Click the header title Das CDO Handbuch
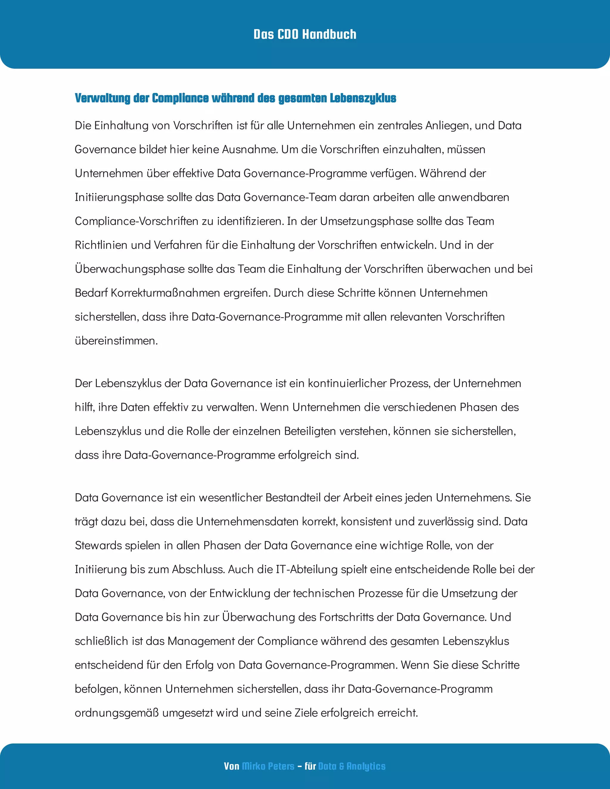[x=305, y=34]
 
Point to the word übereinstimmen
[x=116, y=341]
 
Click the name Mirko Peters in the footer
[x=268, y=766]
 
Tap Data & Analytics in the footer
[x=352, y=766]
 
